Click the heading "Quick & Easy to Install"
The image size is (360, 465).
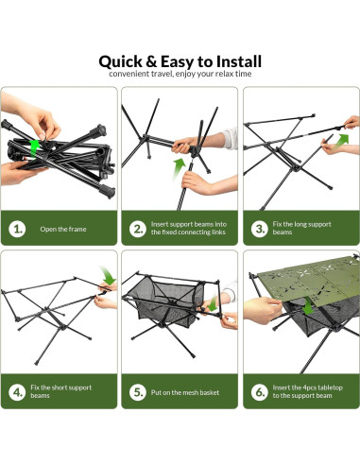pyautogui.click(x=180, y=61)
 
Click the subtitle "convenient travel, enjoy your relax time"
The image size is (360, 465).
pyautogui.click(x=180, y=74)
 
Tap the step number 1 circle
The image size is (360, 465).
pyautogui.click(x=17, y=229)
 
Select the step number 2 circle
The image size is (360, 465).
pyautogui.click(x=138, y=229)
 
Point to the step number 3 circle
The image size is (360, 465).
pyautogui.click(x=260, y=229)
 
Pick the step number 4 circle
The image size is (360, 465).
pyautogui.click(x=17, y=392)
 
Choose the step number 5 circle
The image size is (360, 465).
pyautogui.click(x=138, y=392)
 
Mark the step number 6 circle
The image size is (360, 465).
pyautogui.click(x=260, y=392)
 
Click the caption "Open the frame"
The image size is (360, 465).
pyautogui.click(x=63, y=229)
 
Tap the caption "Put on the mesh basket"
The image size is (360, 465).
pyautogui.click(x=185, y=392)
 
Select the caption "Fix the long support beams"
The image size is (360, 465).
pyautogui.click(x=301, y=228)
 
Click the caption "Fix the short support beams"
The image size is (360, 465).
pyautogui.click(x=61, y=391)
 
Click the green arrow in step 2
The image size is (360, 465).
pyautogui.click(x=180, y=168)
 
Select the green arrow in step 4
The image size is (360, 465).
pyautogui.click(x=108, y=275)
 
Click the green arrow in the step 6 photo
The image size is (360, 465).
pyautogui.click(x=308, y=306)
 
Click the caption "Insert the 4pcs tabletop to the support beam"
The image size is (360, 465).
pyautogui.click(x=307, y=391)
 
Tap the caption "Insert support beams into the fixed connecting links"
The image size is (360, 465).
pyautogui.click(x=189, y=228)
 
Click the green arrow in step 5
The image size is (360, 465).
pyautogui.click(x=214, y=302)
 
